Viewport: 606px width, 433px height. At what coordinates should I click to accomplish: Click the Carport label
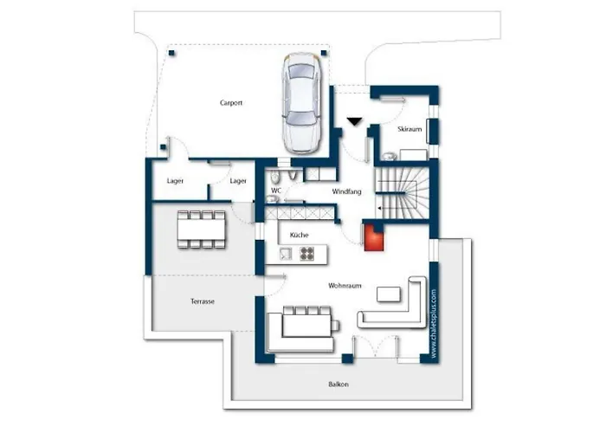pos(231,103)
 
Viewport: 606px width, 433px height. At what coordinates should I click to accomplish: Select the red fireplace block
pos(374,237)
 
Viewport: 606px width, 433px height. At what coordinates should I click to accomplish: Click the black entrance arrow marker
pos(354,122)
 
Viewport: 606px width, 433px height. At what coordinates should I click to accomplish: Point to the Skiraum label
pos(409,129)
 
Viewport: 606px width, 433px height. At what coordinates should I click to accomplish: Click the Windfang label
pos(346,191)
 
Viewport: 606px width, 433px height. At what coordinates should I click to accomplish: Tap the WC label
pos(276,191)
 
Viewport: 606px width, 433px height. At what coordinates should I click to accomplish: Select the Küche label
pos(300,235)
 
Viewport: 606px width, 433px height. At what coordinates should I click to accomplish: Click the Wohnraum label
pos(345,286)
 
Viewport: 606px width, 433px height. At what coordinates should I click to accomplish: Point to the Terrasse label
pos(203,301)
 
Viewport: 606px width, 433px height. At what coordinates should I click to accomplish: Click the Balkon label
pos(338,385)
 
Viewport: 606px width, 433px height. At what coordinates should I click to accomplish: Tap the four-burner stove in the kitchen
pos(307,254)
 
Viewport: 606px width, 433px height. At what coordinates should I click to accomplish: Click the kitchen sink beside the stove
pos(286,254)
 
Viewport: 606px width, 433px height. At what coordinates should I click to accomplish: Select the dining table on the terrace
pos(202,229)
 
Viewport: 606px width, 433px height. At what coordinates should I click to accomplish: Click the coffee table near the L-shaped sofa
pos(389,294)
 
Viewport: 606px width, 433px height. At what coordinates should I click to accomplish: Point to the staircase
pos(402,192)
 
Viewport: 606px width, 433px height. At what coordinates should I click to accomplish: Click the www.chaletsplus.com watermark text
pos(434,324)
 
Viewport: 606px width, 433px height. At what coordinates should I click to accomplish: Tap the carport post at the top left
pos(171,53)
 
